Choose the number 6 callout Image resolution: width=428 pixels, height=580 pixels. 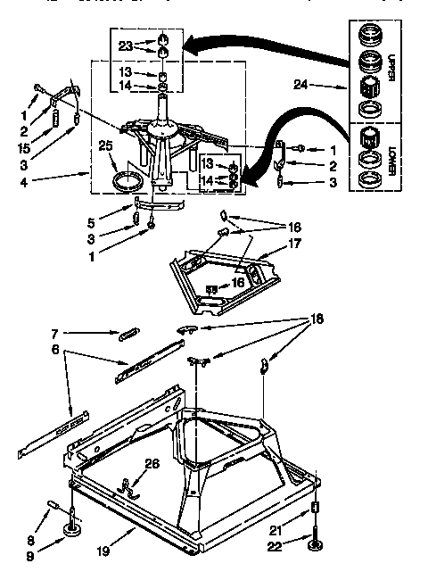pyautogui.click(x=56, y=350)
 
